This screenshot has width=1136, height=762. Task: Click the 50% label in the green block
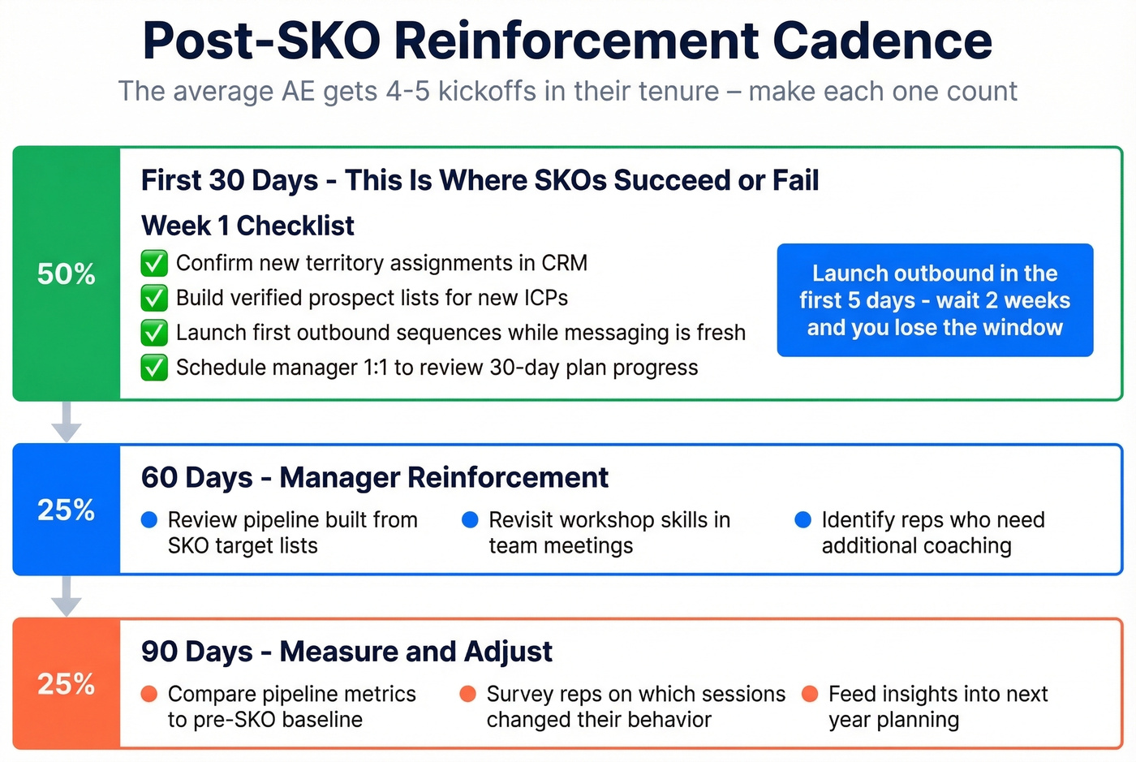tap(66, 274)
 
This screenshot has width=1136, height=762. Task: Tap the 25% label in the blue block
tap(66, 510)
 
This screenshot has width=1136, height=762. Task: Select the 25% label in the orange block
tap(66, 684)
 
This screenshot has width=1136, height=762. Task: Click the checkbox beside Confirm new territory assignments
tap(154, 263)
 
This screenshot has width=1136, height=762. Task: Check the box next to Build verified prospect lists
tap(154, 298)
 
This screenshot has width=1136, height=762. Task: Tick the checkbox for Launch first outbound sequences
tap(154, 333)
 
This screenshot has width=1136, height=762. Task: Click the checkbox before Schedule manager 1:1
tap(154, 368)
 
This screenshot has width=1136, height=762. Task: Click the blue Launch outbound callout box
tap(935, 300)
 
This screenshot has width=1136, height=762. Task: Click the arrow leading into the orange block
tap(66, 596)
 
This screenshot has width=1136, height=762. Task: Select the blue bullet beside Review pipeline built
tap(149, 520)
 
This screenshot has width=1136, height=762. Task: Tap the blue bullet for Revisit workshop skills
tap(470, 520)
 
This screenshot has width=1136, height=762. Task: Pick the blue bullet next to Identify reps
tap(803, 520)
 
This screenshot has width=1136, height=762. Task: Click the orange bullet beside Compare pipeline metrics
tap(149, 694)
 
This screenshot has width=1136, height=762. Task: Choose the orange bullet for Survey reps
tap(468, 694)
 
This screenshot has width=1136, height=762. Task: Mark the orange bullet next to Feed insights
tap(810, 694)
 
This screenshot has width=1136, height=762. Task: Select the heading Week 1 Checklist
tap(247, 226)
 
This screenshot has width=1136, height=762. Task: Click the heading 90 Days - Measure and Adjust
tap(346, 652)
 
